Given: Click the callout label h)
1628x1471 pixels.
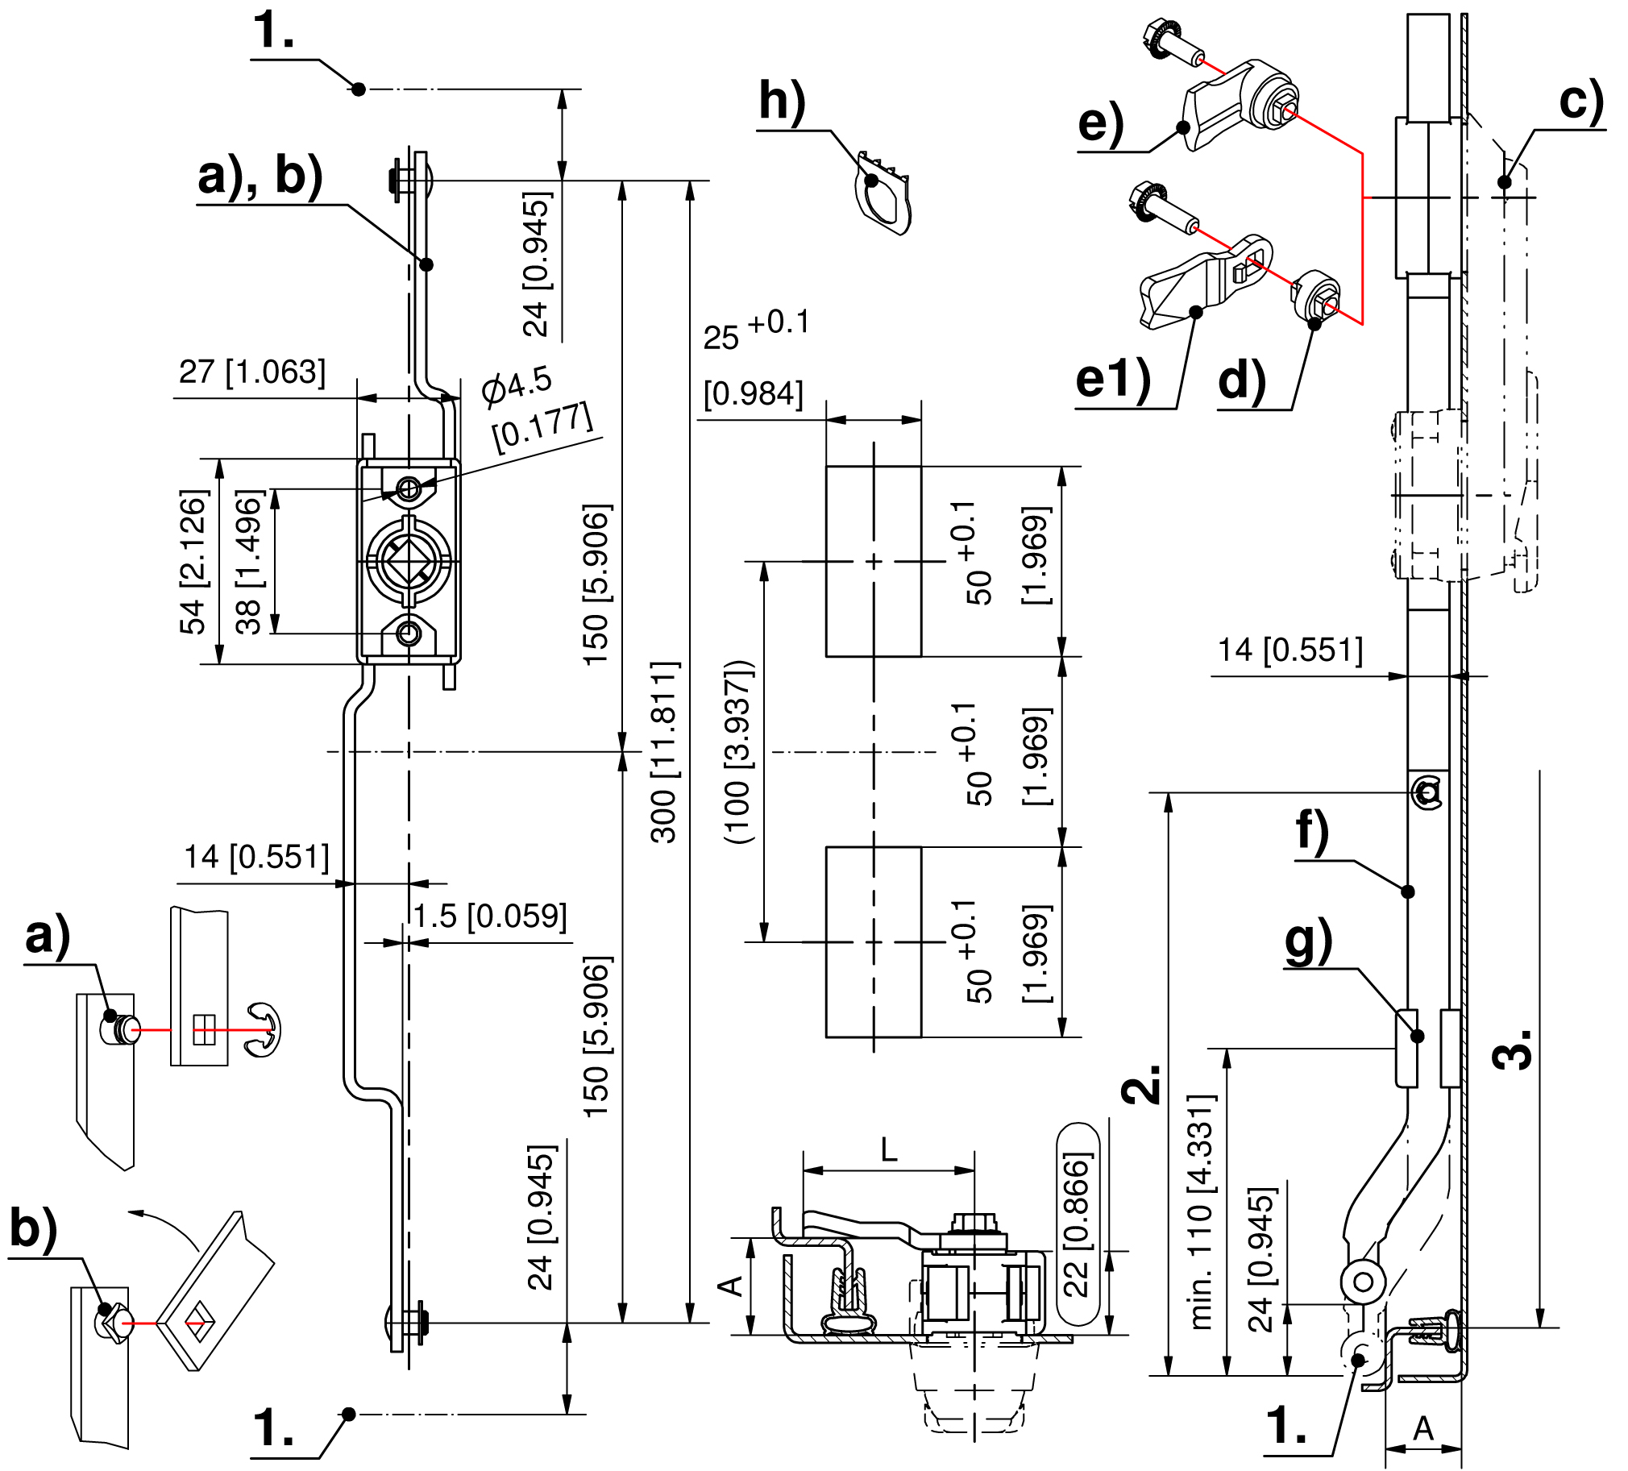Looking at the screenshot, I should point(783,103).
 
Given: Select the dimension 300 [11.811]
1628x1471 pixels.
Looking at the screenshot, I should point(666,751).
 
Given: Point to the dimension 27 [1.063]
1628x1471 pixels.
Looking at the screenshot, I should point(253,372).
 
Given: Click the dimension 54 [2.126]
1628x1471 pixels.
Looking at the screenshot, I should point(193,562).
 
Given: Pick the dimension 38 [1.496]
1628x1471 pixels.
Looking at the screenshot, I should point(248,562).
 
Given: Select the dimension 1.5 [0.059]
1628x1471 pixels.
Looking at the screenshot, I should point(490,916).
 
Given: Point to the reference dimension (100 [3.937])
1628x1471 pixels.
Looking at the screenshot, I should point(739,752).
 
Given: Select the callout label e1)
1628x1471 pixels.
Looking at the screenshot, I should point(1113,380).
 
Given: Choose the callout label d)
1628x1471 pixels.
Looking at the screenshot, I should point(1242,380).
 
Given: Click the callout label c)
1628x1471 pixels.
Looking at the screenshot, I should point(1581,101).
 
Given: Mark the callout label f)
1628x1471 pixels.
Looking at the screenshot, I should point(1311,833).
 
